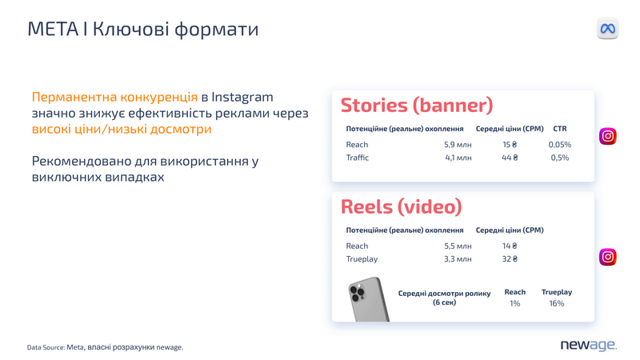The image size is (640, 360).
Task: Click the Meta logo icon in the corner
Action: (607, 29)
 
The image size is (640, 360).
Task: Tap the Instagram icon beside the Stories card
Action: (608, 136)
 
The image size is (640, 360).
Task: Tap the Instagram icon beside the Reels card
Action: (608, 257)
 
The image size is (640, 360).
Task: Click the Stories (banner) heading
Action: (417, 106)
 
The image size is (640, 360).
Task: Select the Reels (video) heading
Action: (402, 206)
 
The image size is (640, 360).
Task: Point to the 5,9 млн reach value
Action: (458, 145)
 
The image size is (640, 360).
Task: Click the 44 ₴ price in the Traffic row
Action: (510, 158)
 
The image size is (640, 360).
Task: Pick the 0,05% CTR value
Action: (559, 145)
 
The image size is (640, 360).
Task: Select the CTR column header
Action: (559, 129)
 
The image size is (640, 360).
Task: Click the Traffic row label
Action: (357, 158)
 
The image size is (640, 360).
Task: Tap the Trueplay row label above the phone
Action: (362, 259)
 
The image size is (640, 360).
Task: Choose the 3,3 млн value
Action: (458, 258)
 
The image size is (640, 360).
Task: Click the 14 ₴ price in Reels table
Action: (510, 246)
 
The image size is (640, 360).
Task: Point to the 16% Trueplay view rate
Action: (556, 303)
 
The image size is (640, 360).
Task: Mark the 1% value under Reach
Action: (514, 303)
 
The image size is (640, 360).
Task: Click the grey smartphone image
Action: (369, 299)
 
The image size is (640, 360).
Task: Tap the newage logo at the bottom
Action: (588, 346)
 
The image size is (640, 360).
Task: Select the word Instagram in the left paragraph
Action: (242, 98)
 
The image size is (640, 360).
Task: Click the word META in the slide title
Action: (53, 29)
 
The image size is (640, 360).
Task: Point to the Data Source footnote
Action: (106, 347)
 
